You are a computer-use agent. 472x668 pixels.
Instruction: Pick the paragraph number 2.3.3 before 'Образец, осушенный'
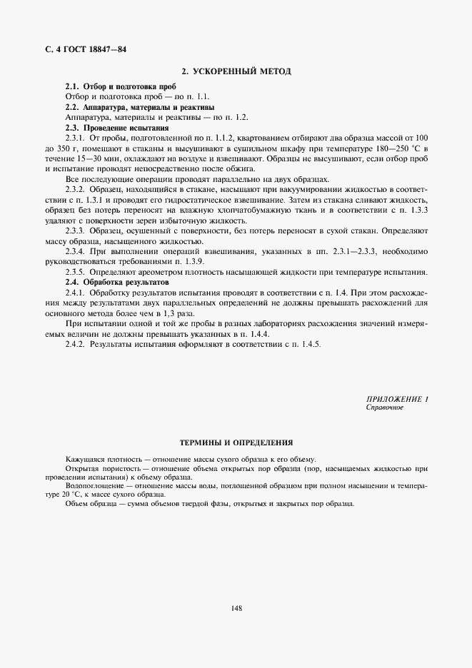pos(75,231)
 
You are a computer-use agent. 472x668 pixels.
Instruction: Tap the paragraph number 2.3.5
pos(75,272)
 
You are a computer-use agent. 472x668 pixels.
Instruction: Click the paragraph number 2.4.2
pos(75,344)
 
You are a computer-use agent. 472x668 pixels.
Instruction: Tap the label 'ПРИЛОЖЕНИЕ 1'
pos(396,399)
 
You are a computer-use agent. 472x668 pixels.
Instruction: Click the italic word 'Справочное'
pos(385,408)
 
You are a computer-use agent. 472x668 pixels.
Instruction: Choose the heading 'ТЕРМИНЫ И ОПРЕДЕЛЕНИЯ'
pos(236,443)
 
